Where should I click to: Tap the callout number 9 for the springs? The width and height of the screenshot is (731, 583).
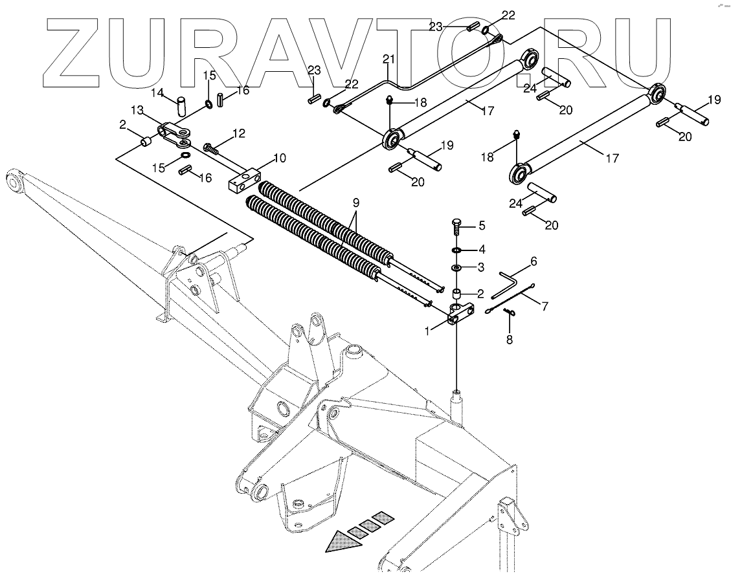click(x=355, y=202)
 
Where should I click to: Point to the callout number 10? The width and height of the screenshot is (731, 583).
click(x=279, y=158)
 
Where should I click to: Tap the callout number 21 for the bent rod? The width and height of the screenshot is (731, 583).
click(x=388, y=59)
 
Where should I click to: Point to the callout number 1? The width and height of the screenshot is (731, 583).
click(x=427, y=331)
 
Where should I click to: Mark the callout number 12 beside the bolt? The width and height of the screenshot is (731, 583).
click(x=240, y=134)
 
